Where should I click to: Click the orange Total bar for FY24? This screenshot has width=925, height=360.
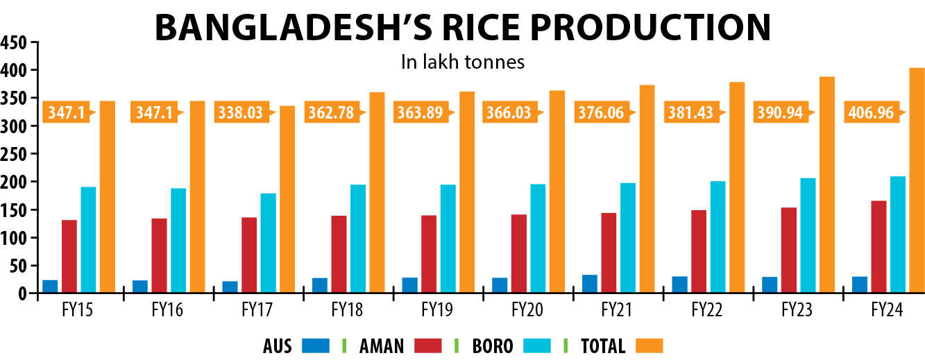click(917, 180)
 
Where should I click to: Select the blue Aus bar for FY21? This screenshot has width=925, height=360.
click(590, 284)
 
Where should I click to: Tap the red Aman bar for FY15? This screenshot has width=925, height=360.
click(69, 257)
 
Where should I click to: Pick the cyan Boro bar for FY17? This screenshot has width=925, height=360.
click(269, 243)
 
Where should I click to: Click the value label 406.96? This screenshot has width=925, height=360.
click(871, 112)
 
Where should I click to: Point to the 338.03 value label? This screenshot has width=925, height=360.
click(241, 112)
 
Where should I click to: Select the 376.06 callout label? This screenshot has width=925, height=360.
click(601, 112)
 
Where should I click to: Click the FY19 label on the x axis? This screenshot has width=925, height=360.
click(437, 309)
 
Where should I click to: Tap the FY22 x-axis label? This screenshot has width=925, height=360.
click(707, 309)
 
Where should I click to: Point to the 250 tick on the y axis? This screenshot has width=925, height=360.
click(14, 154)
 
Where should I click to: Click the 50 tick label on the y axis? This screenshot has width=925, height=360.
click(18, 266)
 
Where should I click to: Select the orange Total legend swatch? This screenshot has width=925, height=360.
click(649, 346)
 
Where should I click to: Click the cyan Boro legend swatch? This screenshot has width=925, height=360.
click(537, 346)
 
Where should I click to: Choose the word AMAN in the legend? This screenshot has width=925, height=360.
click(382, 346)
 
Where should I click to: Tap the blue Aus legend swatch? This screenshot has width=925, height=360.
click(316, 346)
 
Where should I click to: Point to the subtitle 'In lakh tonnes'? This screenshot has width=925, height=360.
click(462, 62)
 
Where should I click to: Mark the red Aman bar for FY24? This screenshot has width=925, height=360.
click(879, 247)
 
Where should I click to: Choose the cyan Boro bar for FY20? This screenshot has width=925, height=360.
click(538, 239)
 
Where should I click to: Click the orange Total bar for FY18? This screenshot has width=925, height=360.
click(377, 192)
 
